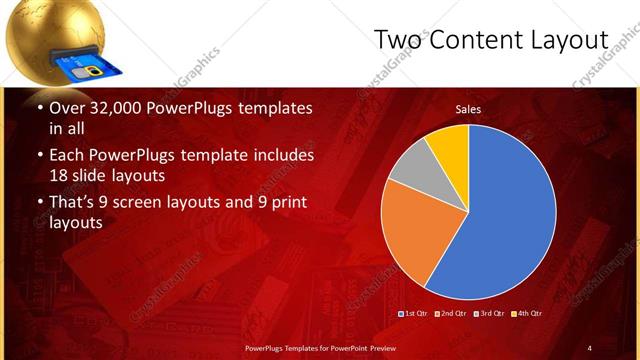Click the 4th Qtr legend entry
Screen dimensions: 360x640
coord(526,314)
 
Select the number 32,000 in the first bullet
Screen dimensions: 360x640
coord(119,108)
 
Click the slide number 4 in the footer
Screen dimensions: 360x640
coord(589,347)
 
